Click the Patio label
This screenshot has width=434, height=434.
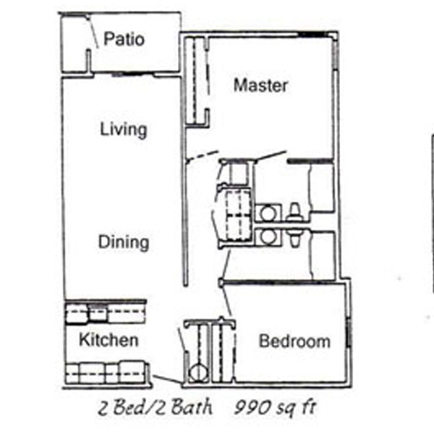[124, 39]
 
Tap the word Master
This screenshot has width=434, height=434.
[260, 85]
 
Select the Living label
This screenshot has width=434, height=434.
[124, 129]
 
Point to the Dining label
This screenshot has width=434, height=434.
[124, 242]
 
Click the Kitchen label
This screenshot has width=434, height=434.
[109, 340]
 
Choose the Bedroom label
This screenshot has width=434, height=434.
[294, 341]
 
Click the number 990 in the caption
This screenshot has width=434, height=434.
[252, 407]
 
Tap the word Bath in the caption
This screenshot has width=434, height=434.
[191, 407]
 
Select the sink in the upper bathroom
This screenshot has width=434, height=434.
[268, 213]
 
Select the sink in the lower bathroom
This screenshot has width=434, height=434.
[268, 237]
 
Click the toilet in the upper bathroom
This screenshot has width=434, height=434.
[294, 213]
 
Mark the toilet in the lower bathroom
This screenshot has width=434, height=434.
[294, 237]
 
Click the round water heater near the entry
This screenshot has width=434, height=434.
[198, 373]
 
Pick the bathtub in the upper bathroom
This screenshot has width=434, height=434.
[322, 188]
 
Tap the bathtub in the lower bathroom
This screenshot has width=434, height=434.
[323, 255]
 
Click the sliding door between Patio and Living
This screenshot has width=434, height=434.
[132, 75]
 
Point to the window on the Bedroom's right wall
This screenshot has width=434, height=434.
[349, 332]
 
